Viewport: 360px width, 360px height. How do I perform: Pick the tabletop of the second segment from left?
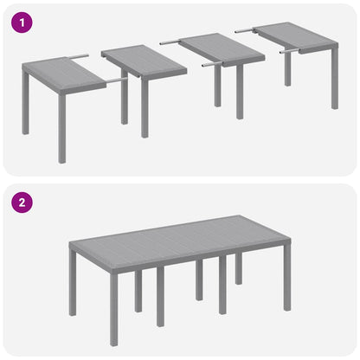tap(143, 61)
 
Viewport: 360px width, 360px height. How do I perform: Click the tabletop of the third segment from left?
tap(221, 48)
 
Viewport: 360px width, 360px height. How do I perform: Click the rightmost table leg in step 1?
tap(334, 83)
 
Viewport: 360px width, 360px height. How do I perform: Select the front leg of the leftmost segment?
tap(62, 134)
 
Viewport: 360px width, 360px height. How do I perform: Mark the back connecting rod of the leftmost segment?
tap(78, 57)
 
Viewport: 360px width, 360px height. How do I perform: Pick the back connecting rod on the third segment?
tap(170, 41)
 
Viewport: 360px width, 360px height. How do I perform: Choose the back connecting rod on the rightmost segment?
tap(246, 30)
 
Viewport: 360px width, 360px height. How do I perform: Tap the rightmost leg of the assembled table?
tap(286, 285)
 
